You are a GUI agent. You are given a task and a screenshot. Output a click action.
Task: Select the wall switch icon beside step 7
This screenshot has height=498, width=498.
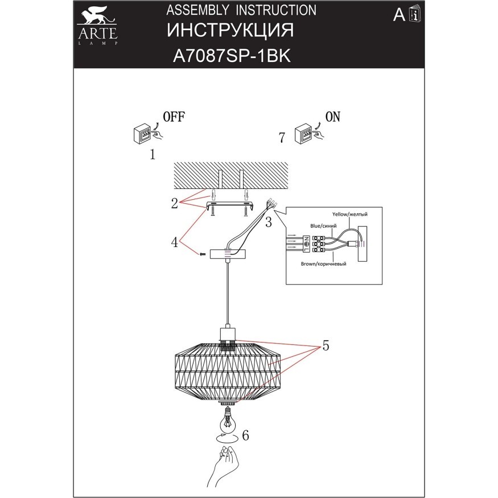(303, 135)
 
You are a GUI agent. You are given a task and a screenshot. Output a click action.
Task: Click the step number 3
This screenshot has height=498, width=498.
(267, 220)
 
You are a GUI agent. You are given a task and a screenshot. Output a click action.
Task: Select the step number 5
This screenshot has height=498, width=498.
(325, 345)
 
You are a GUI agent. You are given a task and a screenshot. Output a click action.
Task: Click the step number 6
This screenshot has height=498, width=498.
(245, 436)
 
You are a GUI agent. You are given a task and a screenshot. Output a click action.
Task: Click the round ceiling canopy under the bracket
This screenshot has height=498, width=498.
(227, 254)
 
